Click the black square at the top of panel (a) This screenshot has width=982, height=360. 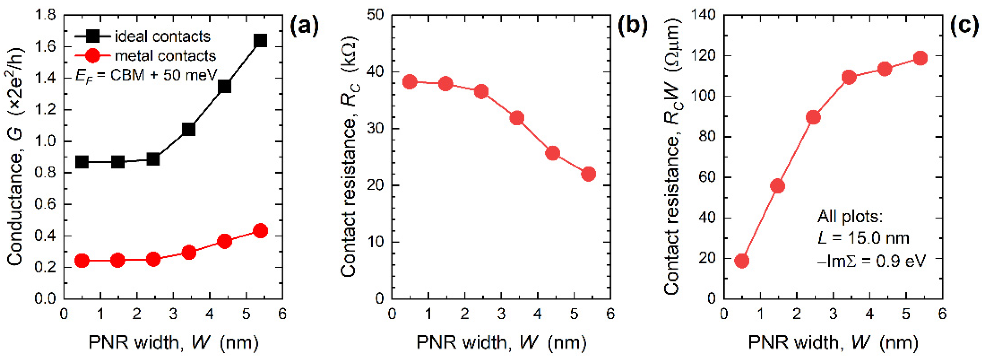pyautogui.click(x=260, y=40)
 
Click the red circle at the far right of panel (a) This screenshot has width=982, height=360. pyautogui.click(x=260, y=231)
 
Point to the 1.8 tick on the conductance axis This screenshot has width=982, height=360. pyautogui.click(x=45, y=15)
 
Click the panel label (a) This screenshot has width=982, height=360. pyautogui.click(x=304, y=27)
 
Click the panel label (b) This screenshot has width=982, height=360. pyautogui.click(x=632, y=27)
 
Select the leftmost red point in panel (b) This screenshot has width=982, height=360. pyautogui.click(x=410, y=82)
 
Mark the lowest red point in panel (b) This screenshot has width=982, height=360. pyautogui.click(x=588, y=174)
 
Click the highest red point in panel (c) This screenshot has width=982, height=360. pyautogui.click(x=920, y=58)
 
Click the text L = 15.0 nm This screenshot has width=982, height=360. pyautogui.click(x=863, y=238)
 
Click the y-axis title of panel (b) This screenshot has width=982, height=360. pyautogui.click(x=349, y=156)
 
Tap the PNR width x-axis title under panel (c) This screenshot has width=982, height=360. pyautogui.click(x=833, y=343)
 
